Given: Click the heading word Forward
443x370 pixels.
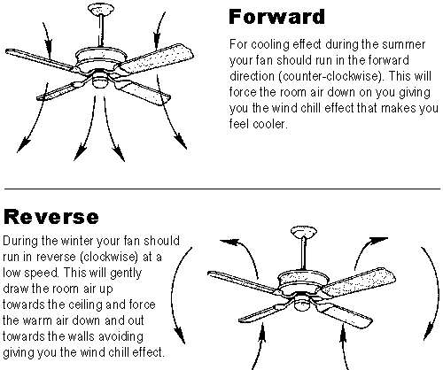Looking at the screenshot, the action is (276, 17).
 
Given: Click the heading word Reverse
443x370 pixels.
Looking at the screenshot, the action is (51, 217).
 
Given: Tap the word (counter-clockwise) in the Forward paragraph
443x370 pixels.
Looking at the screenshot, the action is (330, 76).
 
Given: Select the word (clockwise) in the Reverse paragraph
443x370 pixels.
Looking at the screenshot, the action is (109, 257).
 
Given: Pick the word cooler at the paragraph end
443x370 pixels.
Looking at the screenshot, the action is (270, 124).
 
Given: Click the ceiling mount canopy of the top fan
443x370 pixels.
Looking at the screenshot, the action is (101, 9).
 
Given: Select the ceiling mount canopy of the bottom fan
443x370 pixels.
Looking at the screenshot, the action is (304, 232).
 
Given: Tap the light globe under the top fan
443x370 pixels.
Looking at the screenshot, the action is (101, 81).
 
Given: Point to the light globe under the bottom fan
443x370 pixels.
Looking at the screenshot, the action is (303, 304).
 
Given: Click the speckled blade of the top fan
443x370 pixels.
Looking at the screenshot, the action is (158, 58).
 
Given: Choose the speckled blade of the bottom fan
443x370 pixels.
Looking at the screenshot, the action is (359, 281).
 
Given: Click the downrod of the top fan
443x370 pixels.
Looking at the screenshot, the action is (101, 30).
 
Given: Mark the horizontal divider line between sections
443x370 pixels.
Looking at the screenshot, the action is (222, 188).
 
